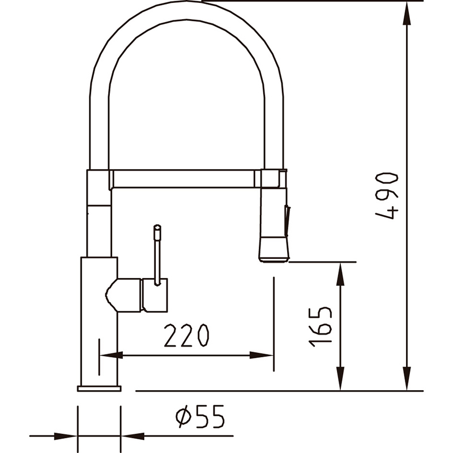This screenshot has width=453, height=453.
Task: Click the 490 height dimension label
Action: (387, 196)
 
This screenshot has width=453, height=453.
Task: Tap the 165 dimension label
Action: (320, 327)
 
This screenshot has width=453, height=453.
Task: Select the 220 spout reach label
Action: (186, 335)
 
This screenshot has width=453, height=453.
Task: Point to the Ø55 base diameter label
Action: (200, 416)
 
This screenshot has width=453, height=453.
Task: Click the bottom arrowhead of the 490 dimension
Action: (407, 379)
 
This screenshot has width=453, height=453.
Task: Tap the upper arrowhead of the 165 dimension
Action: (341, 274)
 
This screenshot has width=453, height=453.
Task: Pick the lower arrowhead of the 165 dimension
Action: (341, 379)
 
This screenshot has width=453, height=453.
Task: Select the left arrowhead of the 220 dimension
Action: (111, 355)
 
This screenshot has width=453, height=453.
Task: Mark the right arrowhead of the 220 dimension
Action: (262, 355)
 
